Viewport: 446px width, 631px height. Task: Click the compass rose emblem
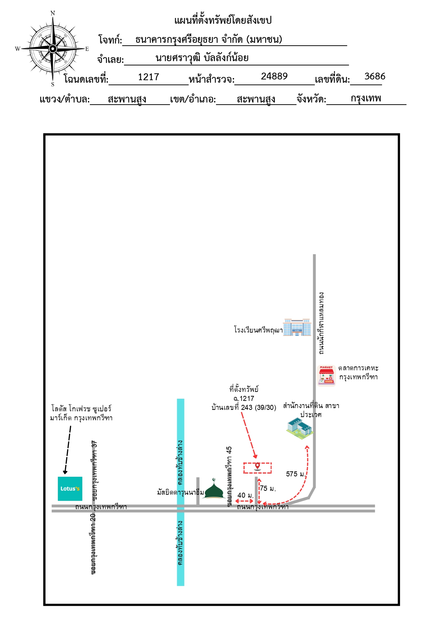53,49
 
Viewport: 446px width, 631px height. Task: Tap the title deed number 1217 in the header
148,77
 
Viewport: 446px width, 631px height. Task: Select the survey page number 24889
274,76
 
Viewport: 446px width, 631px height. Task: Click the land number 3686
375,76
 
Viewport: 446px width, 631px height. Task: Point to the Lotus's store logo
70,489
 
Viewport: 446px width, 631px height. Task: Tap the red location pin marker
257,467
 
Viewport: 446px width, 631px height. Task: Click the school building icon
297,327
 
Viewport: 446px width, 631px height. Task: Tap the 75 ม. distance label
268,488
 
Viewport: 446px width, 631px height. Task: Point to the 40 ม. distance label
245,495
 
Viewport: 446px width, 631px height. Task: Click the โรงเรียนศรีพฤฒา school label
258,330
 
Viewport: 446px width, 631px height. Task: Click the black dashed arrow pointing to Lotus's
68,450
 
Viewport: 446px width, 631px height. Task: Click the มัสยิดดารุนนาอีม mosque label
180,492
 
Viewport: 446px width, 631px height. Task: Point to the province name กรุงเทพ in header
366,98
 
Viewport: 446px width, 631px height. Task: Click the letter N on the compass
53,13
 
